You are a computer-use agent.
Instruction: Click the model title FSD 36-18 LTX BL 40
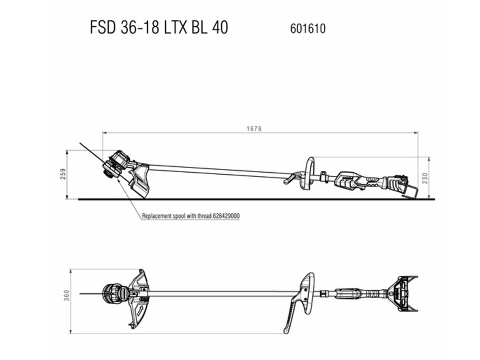click(x=159, y=27)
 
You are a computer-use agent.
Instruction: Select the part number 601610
click(x=308, y=28)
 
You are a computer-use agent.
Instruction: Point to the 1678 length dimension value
click(x=254, y=128)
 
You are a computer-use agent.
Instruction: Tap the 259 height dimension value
click(x=63, y=174)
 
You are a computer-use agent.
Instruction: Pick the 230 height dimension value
click(x=425, y=178)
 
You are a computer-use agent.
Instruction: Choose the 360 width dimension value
click(x=67, y=295)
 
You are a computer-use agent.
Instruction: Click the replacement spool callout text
click(x=191, y=216)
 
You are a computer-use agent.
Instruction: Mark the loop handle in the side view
click(x=309, y=173)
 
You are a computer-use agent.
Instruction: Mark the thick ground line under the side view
click(x=257, y=199)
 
